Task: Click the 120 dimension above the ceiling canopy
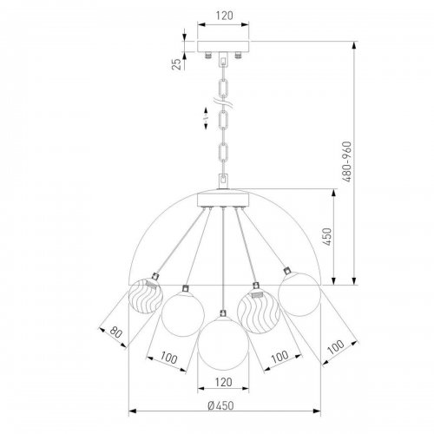[224, 16]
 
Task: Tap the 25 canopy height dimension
[177, 64]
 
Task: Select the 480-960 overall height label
[346, 161]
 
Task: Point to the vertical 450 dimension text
[327, 237]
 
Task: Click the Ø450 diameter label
[220, 405]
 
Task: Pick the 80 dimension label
[115, 332]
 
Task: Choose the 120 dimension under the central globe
[224, 382]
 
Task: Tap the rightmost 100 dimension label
[336, 347]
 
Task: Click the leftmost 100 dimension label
[168, 358]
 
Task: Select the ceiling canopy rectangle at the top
[223, 47]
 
